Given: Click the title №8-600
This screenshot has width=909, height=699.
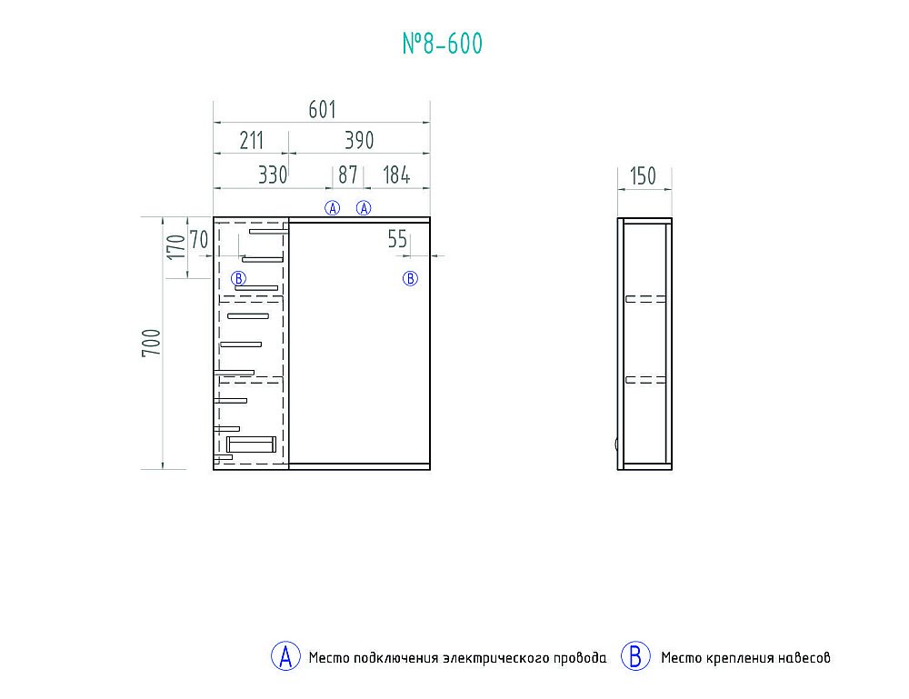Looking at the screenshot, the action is pyautogui.click(x=443, y=44).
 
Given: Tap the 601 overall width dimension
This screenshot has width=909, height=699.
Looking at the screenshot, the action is pyautogui.click(x=323, y=110).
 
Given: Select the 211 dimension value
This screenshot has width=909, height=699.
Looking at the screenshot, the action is pyautogui.click(x=252, y=140).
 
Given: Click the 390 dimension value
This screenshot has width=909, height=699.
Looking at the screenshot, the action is pyautogui.click(x=359, y=140).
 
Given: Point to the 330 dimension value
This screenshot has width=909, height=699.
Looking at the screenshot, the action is pyautogui.click(x=273, y=175).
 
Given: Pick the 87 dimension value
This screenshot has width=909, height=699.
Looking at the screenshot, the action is pyautogui.click(x=348, y=175).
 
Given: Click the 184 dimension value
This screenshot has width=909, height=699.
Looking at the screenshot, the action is pyautogui.click(x=396, y=175).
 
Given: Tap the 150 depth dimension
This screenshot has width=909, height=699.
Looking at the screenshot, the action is pyautogui.click(x=643, y=176).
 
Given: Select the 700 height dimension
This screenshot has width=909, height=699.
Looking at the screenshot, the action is pyautogui.click(x=151, y=343).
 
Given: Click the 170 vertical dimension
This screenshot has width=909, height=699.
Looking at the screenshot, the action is pyautogui.click(x=175, y=247).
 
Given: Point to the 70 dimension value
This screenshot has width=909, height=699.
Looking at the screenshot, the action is pyautogui.click(x=199, y=239).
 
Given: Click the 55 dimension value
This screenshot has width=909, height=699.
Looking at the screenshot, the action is pyautogui.click(x=398, y=239).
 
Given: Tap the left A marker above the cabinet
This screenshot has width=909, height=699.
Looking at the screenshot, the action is pyautogui.click(x=332, y=207).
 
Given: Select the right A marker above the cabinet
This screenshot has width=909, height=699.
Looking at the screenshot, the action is pyautogui.click(x=364, y=207).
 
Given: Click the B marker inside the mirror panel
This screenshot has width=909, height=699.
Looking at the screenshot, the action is pyautogui.click(x=411, y=279).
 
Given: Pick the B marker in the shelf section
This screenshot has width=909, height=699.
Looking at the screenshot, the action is pyautogui.click(x=239, y=278).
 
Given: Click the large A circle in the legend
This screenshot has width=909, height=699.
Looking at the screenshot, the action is pyautogui.click(x=285, y=656).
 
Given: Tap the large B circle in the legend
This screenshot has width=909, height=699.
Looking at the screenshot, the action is pyautogui.click(x=635, y=656).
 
